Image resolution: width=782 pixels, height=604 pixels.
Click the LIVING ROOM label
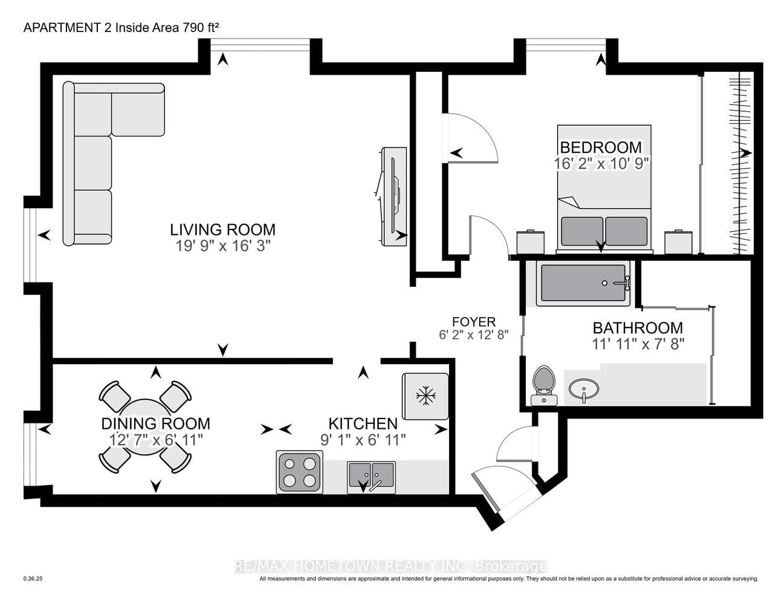(222, 230)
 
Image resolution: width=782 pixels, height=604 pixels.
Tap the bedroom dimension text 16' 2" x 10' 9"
(601, 164)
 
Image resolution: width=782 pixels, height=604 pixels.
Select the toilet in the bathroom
(544, 386)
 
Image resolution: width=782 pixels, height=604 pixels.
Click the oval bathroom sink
(584, 390)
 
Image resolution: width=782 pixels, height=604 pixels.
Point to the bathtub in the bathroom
(583, 283)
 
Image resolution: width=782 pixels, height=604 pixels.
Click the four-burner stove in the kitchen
(299, 472)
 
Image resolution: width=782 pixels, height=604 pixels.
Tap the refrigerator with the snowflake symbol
(425, 396)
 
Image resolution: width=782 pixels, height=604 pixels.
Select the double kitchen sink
(371, 477)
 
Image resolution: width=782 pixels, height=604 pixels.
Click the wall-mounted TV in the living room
(393, 197)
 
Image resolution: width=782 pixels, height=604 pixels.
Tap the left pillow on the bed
(582, 231)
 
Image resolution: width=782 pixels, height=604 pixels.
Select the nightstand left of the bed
(530, 242)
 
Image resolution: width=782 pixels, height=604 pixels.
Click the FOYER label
(474, 321)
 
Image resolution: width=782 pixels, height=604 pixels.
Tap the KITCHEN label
(363, 424)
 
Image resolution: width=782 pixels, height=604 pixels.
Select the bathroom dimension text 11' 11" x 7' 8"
(638, 344)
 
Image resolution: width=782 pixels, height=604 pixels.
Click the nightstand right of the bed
(678, 242)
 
